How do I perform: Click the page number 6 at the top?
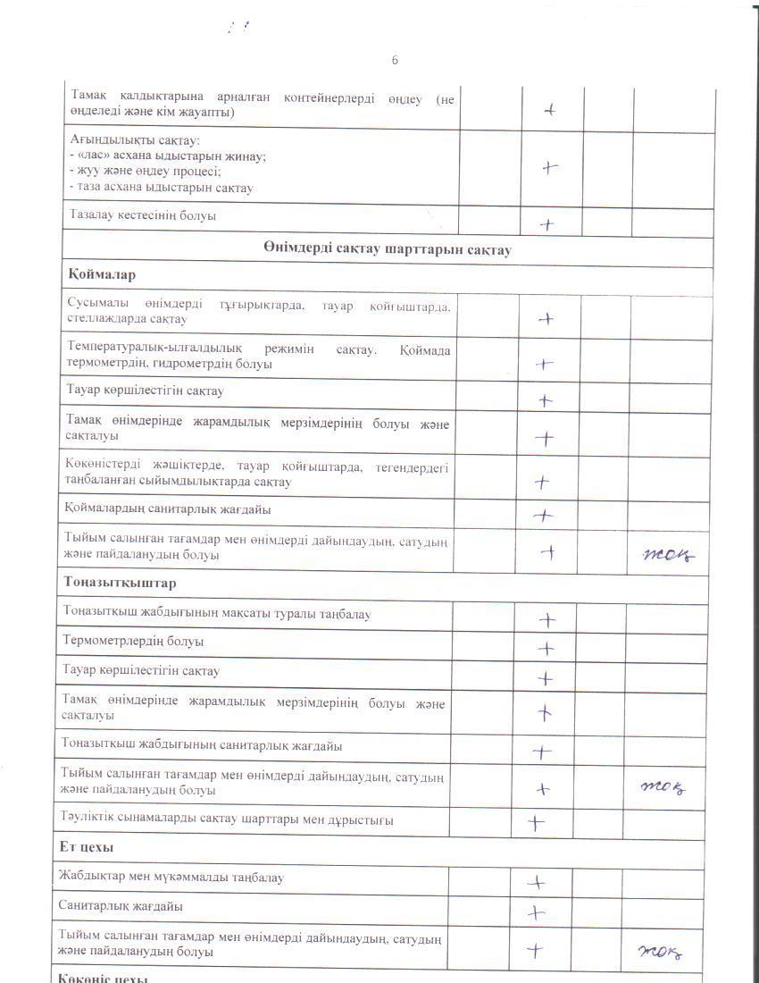click(x=395, y=60)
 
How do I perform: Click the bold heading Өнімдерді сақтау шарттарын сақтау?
click(x=388, y=250)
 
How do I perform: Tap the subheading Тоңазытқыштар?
click(x=120, y=583)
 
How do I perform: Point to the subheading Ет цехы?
click(x=89, y=846)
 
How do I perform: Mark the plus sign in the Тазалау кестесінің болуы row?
click(x=547, y=225)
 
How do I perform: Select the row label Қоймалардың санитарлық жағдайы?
click(x=168, y=509)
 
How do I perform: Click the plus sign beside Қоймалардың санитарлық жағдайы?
click(x=543, y=516)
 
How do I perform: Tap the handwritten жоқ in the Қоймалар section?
click(x=669, y=554)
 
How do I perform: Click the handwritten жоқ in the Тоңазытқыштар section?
click(x=663, y=786)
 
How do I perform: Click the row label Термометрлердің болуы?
click(x=132, y=642)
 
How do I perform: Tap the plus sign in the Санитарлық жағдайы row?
click(x=536, y=912)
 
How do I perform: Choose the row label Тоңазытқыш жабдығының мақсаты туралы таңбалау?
click(x=215, y=614)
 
